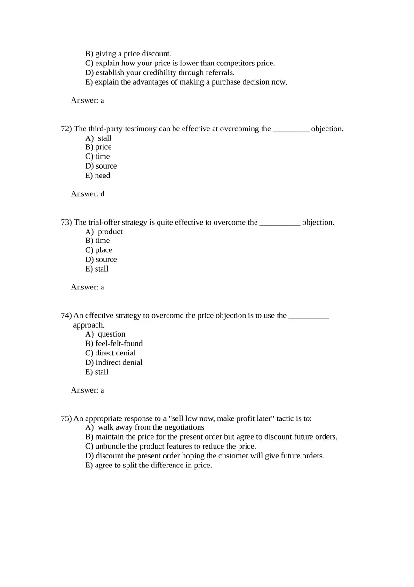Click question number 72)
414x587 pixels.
coord(66,129)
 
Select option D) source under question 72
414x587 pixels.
coord(101,166)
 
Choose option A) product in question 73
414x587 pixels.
coord(103,232)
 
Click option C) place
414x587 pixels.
coord(99,250)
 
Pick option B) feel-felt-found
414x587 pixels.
coord(114,343)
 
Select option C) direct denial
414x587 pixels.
coord(110,353)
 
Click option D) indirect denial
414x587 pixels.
coord(114,362)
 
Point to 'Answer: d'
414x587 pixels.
coord(88,193)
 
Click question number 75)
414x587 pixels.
coord(66,418)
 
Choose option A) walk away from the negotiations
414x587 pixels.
coord(144,427)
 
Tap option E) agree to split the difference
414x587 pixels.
coord(148,465)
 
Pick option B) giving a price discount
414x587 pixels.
coord(128,54)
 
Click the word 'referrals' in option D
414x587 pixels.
coord(220,72)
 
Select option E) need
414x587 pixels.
coord(97,176)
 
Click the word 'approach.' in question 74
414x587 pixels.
coord(89,325)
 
